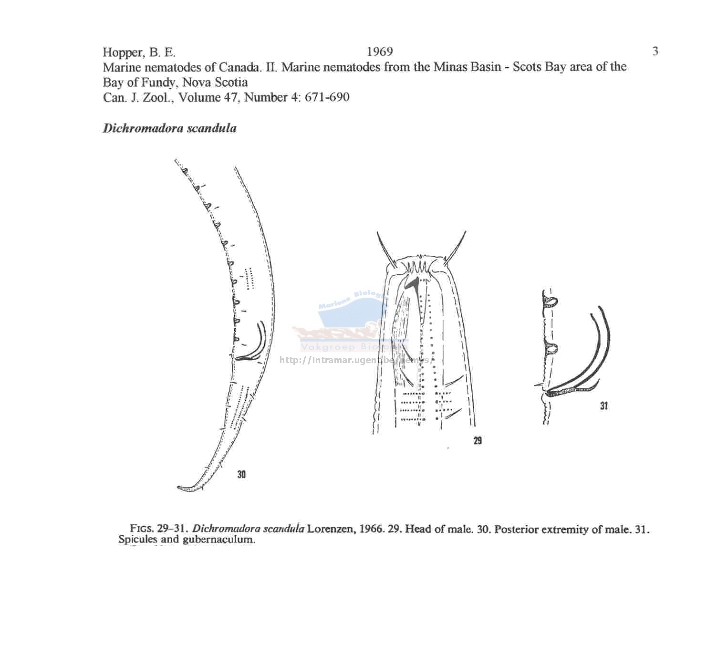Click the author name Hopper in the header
tap(123, 53)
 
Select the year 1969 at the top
tap(380, 52)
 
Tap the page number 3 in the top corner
tap(655, 51)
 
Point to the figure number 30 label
tap(241, 474)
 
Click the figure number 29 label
tap(478, 441)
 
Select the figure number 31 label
tap(604, 406)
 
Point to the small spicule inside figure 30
tap(257, 343)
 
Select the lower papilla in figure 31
tap(551, 348)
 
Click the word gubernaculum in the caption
tap(219, 539)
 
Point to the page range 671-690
tap(327, 97)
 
